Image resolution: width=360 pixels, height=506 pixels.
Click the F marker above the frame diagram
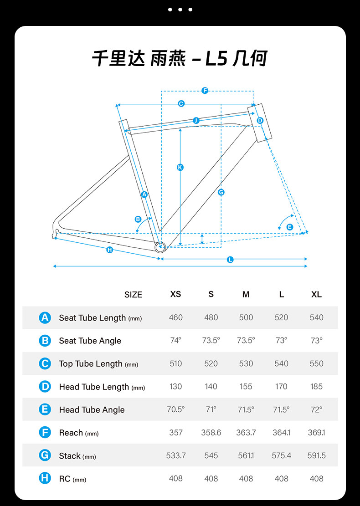click(205, 91)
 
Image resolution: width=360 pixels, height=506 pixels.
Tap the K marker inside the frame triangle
click(180, 168)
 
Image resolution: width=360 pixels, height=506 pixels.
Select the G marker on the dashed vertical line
click(221, 192)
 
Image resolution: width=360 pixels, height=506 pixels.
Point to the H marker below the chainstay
click(109, 250)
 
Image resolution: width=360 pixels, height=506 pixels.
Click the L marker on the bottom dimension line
click(230, 260)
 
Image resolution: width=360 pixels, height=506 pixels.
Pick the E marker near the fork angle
click(290, 227)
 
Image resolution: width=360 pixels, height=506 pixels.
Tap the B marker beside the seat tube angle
click(138, 219)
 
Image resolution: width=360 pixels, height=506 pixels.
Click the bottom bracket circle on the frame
click(159, 247)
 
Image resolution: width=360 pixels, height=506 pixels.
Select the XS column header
click(175, 294)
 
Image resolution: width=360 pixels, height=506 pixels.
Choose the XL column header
click(316, 294)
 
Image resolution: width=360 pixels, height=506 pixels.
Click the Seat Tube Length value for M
click(246, 317)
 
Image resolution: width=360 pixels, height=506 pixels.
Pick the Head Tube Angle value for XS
click(175, 409)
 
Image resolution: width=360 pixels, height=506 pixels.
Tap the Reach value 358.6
click(211, 433)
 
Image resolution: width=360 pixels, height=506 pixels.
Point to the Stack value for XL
click(316, 455)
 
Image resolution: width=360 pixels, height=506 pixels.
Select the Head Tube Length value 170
click(281, 387)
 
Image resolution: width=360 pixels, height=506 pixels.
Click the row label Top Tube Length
click(91, 363)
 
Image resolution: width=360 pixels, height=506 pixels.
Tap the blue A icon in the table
click(45, 317)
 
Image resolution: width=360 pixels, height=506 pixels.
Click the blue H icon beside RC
click(45, 478)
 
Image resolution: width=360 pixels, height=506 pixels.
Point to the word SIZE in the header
click(133, 295)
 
